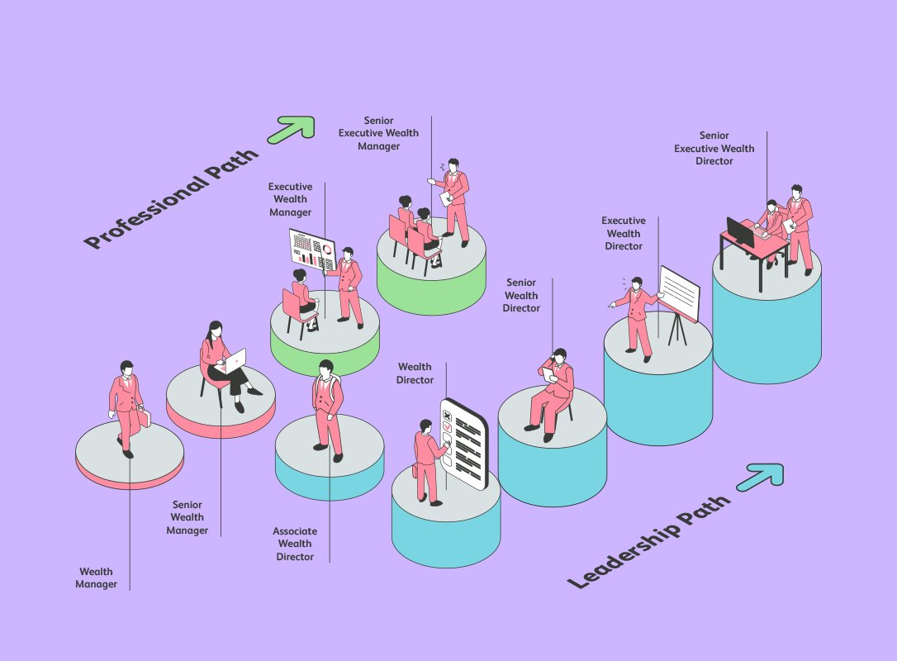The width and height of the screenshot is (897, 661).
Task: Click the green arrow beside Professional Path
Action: click(x=292, y=130)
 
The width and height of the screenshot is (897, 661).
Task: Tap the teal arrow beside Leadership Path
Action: click(x=761, y=478)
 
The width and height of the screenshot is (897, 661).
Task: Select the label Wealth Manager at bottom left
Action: click(x=96, y=578)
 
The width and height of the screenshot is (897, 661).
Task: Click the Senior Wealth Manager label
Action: click(x=187, y=517)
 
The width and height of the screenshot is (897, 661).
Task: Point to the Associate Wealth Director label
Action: click(x=295, y=544)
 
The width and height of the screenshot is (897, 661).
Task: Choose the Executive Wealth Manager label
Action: click(x=290, y=199)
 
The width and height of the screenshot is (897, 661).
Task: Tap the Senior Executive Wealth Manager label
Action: click(x=378, y=133)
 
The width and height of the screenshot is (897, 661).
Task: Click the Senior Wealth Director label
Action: click(x=521, y=295)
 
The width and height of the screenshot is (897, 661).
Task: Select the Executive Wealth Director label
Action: click(x=624, y=233)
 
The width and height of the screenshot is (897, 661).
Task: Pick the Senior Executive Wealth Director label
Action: click(x=714, y=148)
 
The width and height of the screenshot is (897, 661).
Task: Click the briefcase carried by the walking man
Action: click(x=144, y=417)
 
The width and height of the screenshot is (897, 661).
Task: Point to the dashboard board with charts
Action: click(x=312, y=250)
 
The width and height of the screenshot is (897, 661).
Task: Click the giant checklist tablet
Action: click(x=464, y=444)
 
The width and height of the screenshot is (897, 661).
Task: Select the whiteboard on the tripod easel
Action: click(x=680, y=293)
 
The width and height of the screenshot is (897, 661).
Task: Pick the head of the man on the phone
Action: click(x=559, y=355)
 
